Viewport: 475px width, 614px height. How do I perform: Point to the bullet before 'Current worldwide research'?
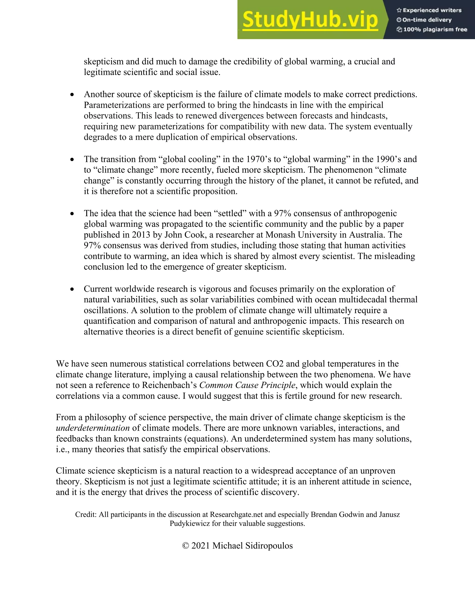click(x=72, y=289)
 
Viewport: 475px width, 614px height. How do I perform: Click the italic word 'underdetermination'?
click(x=93, y=428)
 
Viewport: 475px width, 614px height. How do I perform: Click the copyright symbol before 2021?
click(x=185, y=546)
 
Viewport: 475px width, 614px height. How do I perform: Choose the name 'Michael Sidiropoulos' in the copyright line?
click(x=252, y=546)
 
